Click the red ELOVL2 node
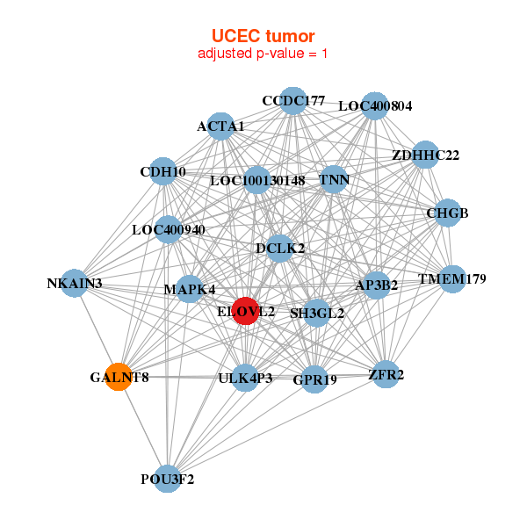pyautogui.click(x=246, y=311)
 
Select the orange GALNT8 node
pyautogui.click(x=119, y=377)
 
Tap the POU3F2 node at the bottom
pyautogui.click(x=167, y=479)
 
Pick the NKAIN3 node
pyautogui.click(x=76, y=283)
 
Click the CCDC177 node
pyautogui.click(x=293, y=101)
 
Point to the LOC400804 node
pyautogui.click(x=375, y=105)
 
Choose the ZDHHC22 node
pyautogui.click(x=425, y=155)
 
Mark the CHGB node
pyautogui.click(x=448, y=213)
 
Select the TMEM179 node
pyautogui.click(x=451, y=279)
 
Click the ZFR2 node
pyautogui.click(x=386, y=375)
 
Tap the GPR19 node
pyautogui.click(x=314, y=379)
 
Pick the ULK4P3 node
pyautogui.click(x=245, y=378)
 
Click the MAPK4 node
pyautogui.click(x=190, y=289)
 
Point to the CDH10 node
pyautogui.click(x=162, y=172)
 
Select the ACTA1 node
pyautogui.click(x=221, y=126)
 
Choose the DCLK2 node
pyautogui.click(x=280, y=249)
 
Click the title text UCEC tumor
pyautogui.click(x=263, y=35)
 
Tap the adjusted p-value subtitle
pyautogui.click(x=263, y=54)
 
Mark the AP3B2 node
pyautogui.click(x=377, y=285)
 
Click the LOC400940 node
pyautogui.click(x=168, y=230)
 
